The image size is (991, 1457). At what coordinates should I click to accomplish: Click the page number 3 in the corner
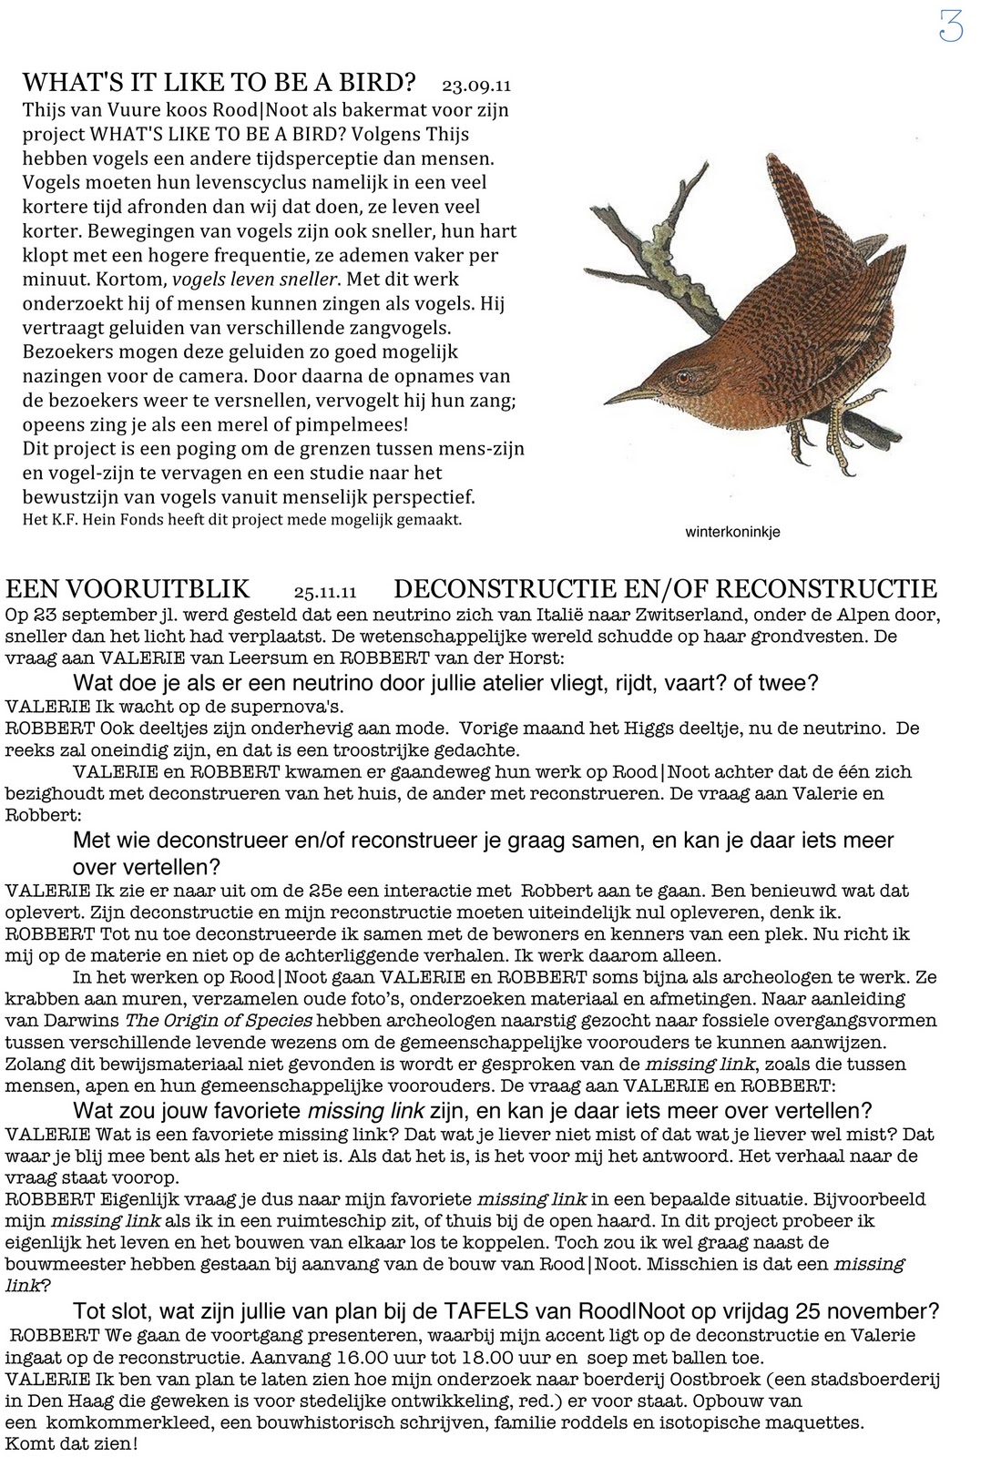point(950,27)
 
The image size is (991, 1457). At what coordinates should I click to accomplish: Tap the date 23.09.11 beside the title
point(475,86)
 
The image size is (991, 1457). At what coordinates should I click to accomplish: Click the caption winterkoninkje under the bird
point(732,533)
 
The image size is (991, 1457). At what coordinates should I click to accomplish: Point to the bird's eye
point(682,375)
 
